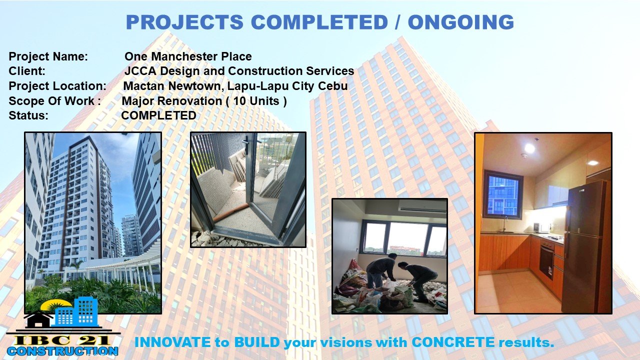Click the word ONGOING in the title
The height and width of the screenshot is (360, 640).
tap(461, 22)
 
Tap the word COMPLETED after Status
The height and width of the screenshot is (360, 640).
tap(158, 115)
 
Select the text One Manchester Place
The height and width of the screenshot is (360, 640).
tap(188, 56)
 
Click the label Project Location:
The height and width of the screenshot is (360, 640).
tap(57, 86)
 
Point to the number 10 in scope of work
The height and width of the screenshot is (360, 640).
tap(239, 101)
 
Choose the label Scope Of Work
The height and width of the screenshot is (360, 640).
tap(51, 101)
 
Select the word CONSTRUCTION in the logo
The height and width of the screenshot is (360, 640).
tap(62, 351)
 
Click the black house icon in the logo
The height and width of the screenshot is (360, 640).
tap(38, 319)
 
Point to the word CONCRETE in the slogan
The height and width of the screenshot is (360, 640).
tap(453, 342)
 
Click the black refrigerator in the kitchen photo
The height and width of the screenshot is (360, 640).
tap(585, 247)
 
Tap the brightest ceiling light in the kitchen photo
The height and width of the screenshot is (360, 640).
tap(529, 148)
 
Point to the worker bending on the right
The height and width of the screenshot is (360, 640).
tap(419, 280)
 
